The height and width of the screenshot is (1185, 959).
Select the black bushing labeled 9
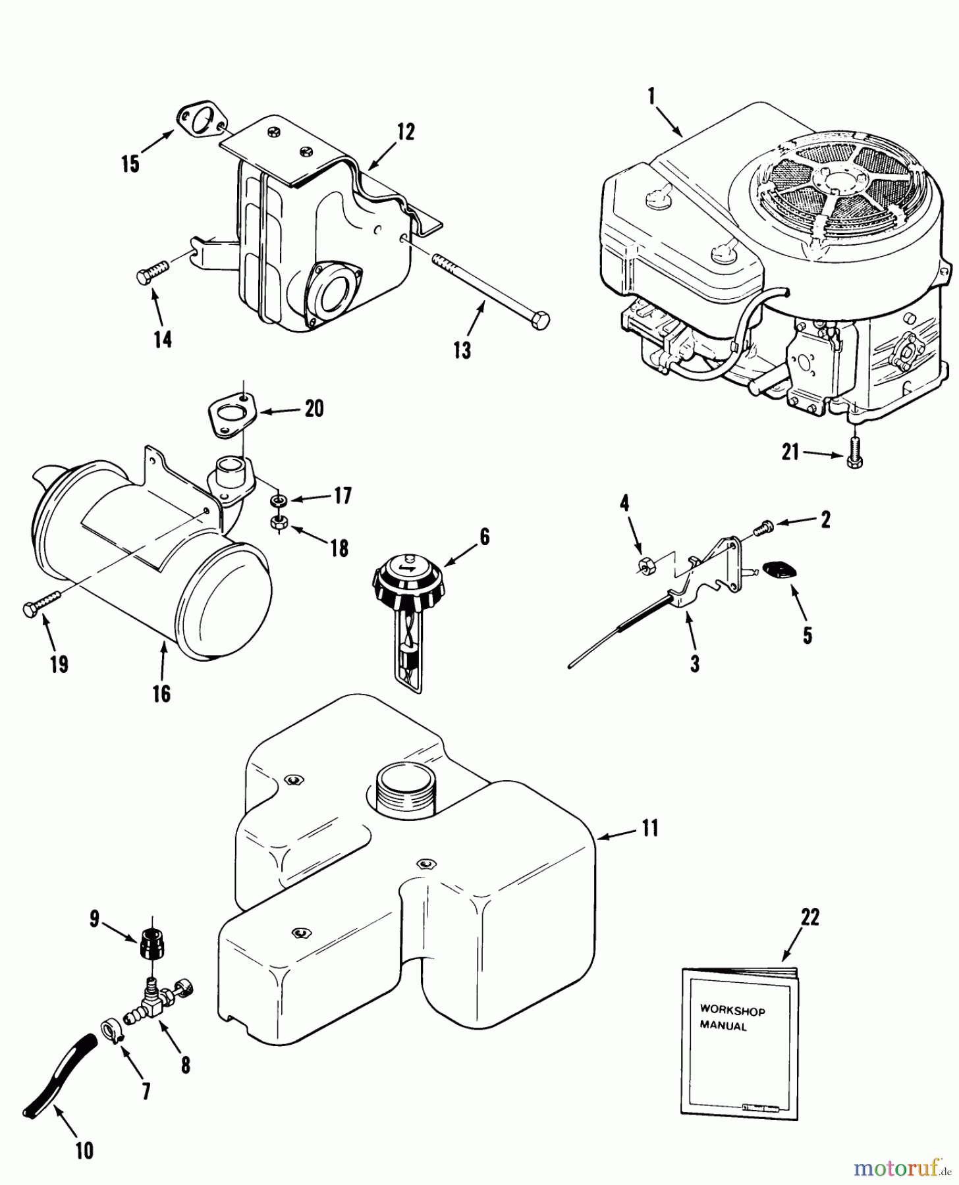pyautogui.click(x=153, y=946)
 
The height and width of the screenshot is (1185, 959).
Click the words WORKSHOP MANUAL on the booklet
pyautogui.click(x=732, y=1017)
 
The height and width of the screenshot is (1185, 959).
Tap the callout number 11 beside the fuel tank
pyautogui.click(x=650, y=828)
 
